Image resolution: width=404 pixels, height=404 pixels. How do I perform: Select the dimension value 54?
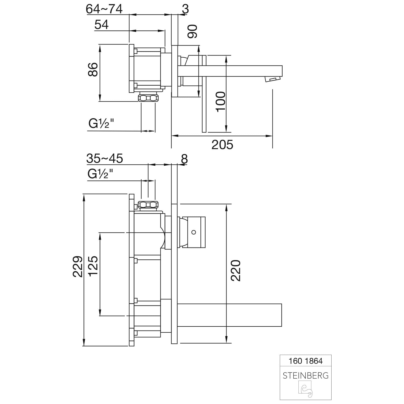point(102,25)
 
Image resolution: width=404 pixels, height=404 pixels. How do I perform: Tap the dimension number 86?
point(93,69)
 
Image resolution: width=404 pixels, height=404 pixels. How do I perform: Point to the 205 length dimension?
point(222,145)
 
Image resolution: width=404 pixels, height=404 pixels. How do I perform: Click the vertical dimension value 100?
point(221,102)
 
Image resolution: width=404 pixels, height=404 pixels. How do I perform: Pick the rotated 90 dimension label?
point(193,31)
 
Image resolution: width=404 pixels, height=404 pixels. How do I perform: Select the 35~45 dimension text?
point(105,159)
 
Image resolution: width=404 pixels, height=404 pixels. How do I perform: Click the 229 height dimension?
point(77,267)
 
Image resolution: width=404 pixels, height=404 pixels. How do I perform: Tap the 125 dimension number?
point(93,266)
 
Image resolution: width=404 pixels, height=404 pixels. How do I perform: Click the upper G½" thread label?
point(101,124)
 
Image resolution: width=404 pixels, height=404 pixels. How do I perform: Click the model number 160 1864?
point(305,361)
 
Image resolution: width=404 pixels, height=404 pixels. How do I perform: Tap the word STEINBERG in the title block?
point(306,375)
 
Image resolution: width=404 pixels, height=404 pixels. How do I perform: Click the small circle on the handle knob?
point(193,232)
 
